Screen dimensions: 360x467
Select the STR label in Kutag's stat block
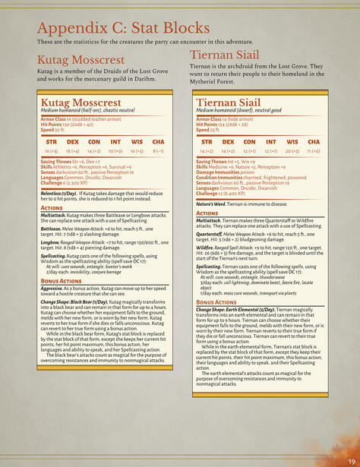(52, 142)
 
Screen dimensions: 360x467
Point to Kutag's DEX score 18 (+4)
(73, 150)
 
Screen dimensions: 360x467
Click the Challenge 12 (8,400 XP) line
(226, 194)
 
